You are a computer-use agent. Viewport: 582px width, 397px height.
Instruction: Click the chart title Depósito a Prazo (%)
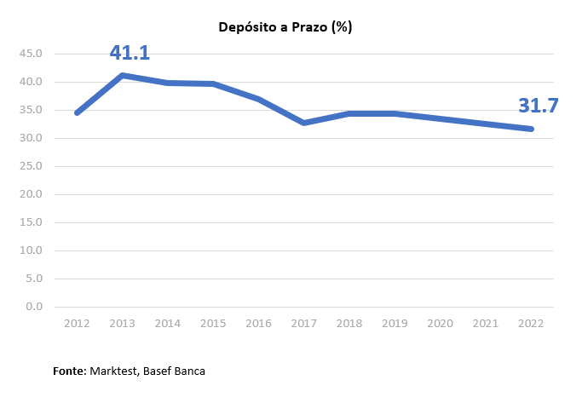[x=285, y=27]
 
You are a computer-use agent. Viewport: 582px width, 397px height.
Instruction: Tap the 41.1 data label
[x=130, y=53]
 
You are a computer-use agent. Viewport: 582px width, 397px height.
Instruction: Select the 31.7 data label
[x=538, y=106]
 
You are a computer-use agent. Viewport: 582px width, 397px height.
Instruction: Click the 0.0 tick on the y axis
[x=35, y=307]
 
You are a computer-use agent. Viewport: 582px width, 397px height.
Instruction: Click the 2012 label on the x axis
[x=77, y=323]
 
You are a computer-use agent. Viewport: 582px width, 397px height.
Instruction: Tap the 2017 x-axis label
[x=304, y=323]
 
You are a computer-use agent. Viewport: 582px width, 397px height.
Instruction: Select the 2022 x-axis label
[x=532, y=323]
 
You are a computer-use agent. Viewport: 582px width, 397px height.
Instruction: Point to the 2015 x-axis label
[x=213, y=323]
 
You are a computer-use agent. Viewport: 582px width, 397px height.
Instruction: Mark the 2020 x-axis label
[x=441, y=323]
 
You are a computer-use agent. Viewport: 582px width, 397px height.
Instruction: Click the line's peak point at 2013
[x=123, y=75]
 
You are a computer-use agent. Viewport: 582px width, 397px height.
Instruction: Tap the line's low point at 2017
[x=304, y=123]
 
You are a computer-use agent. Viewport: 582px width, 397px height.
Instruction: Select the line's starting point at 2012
[x=77, y=112]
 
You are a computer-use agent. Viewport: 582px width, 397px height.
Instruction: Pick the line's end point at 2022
[x=532, y=129]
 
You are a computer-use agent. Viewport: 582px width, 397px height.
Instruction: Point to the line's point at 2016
[x=259, y=99]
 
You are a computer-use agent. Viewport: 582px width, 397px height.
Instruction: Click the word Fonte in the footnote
[x=68, y=371]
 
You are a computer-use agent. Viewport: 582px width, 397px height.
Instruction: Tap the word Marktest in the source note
[x=113, y=371]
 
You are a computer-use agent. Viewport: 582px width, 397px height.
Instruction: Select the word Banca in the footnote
[x=188, y=371]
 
